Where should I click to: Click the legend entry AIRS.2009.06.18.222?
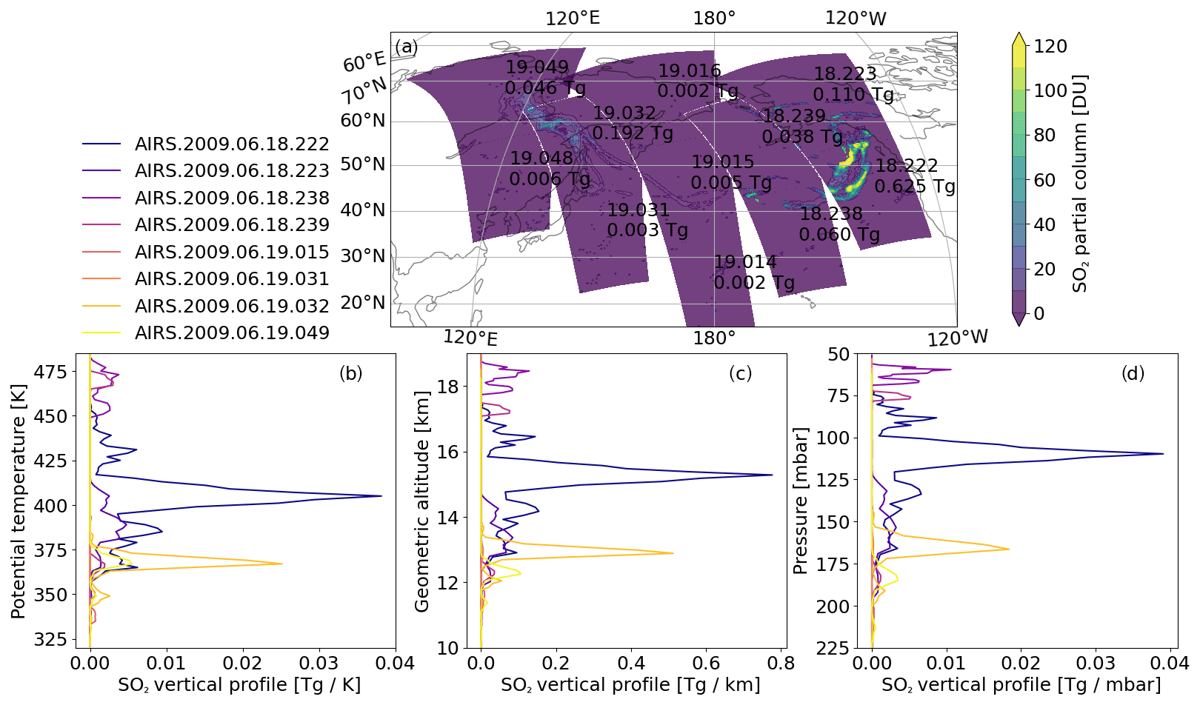pos(232,144)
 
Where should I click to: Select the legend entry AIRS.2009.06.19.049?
pos(232,333)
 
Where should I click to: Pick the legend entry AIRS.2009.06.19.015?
pos(232,252)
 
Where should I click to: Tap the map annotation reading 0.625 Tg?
pos(915,186)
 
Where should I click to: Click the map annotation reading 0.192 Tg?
pos(633,133)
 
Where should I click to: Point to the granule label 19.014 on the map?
pos(745,262)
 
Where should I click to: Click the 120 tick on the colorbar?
pos(1050,47)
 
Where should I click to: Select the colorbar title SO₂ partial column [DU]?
pos(1080,183)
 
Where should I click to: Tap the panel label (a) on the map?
pos(406,47)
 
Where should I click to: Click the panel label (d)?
pos(1133,373)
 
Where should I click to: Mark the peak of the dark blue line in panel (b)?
pos(381,496)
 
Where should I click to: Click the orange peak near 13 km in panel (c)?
pos(673,553)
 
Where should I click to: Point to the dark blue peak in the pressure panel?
pos(1163,454)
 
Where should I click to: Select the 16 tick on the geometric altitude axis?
pos(448,452)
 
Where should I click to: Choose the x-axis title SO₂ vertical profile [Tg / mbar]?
pos(1021,685)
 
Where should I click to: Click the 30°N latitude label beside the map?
pos(363,256)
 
